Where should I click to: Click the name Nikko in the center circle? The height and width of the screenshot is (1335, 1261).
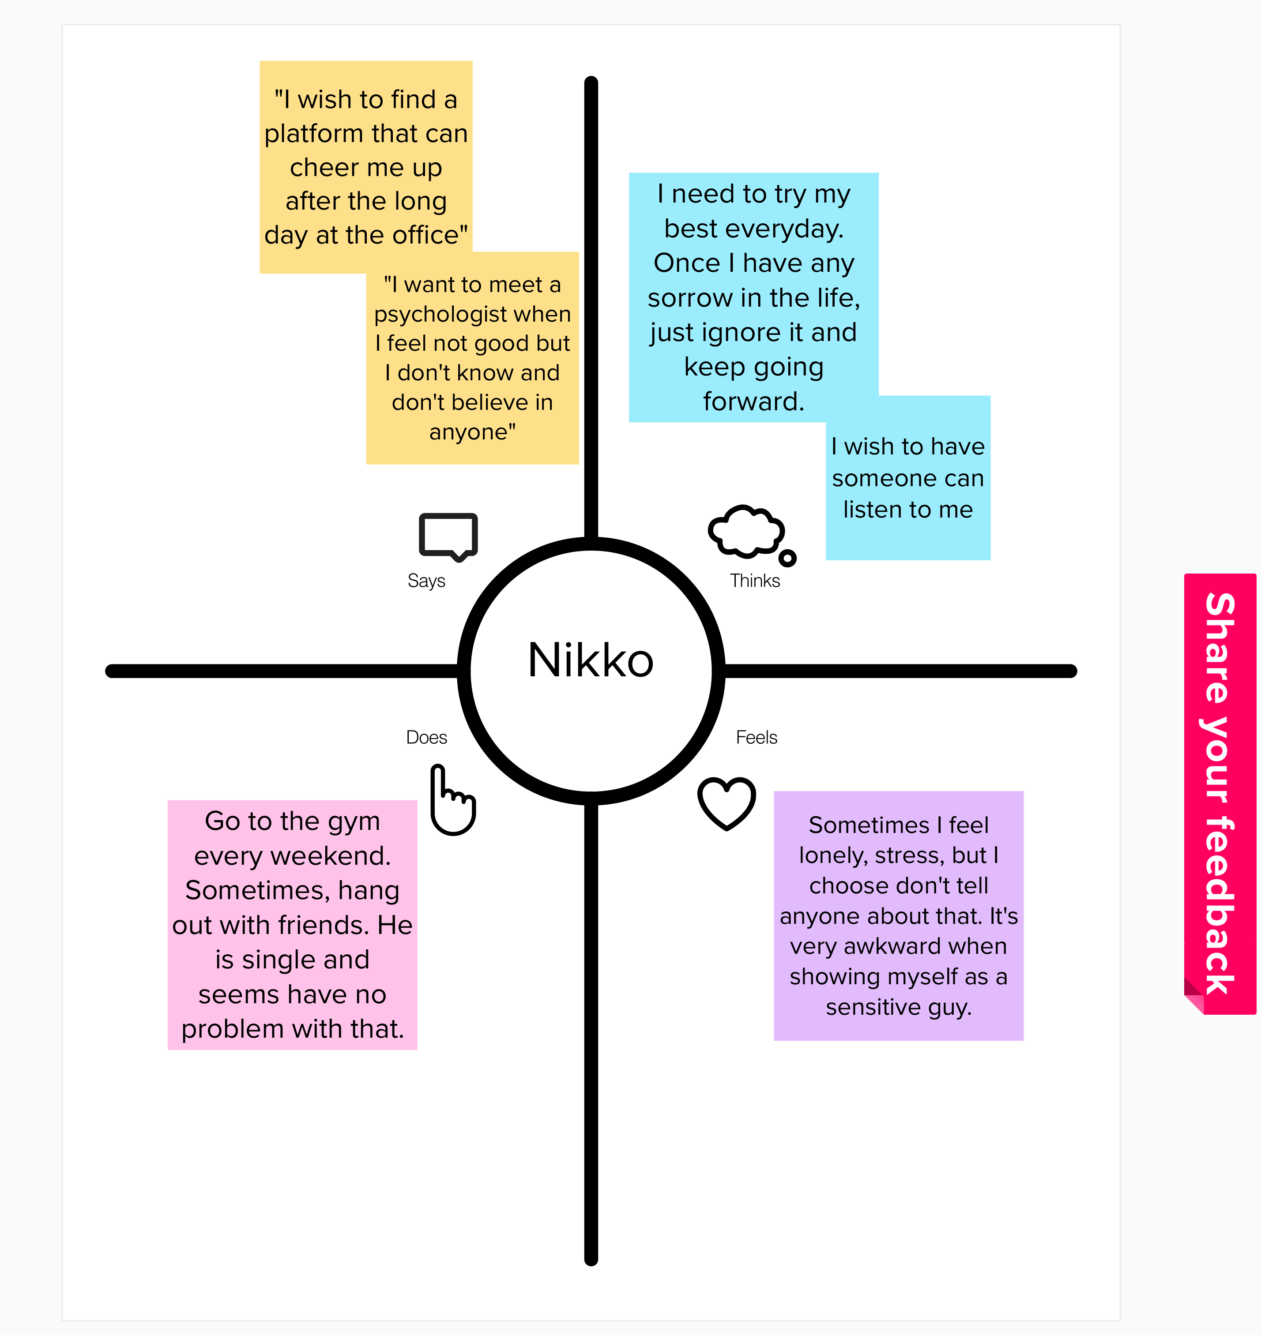coord(590,660)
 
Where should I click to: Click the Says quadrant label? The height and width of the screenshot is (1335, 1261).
coord(426,581)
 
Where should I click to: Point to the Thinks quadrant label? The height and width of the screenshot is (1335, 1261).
coord(754,581)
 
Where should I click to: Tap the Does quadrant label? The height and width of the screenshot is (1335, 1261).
coord(426,737)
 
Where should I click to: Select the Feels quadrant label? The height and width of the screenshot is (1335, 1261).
coord(756,737)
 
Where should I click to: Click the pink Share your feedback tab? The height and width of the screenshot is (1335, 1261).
coord(1220,793)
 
